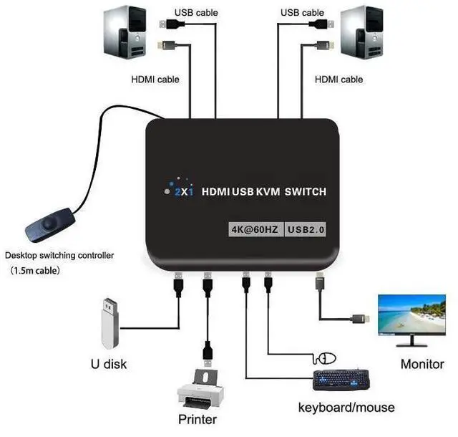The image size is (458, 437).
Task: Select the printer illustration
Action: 200,390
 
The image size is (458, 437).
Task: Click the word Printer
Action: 197,419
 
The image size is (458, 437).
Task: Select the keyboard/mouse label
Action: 346,408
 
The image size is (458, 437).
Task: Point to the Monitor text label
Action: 422,364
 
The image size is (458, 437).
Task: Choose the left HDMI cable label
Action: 155,80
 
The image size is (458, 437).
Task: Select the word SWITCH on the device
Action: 305,191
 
